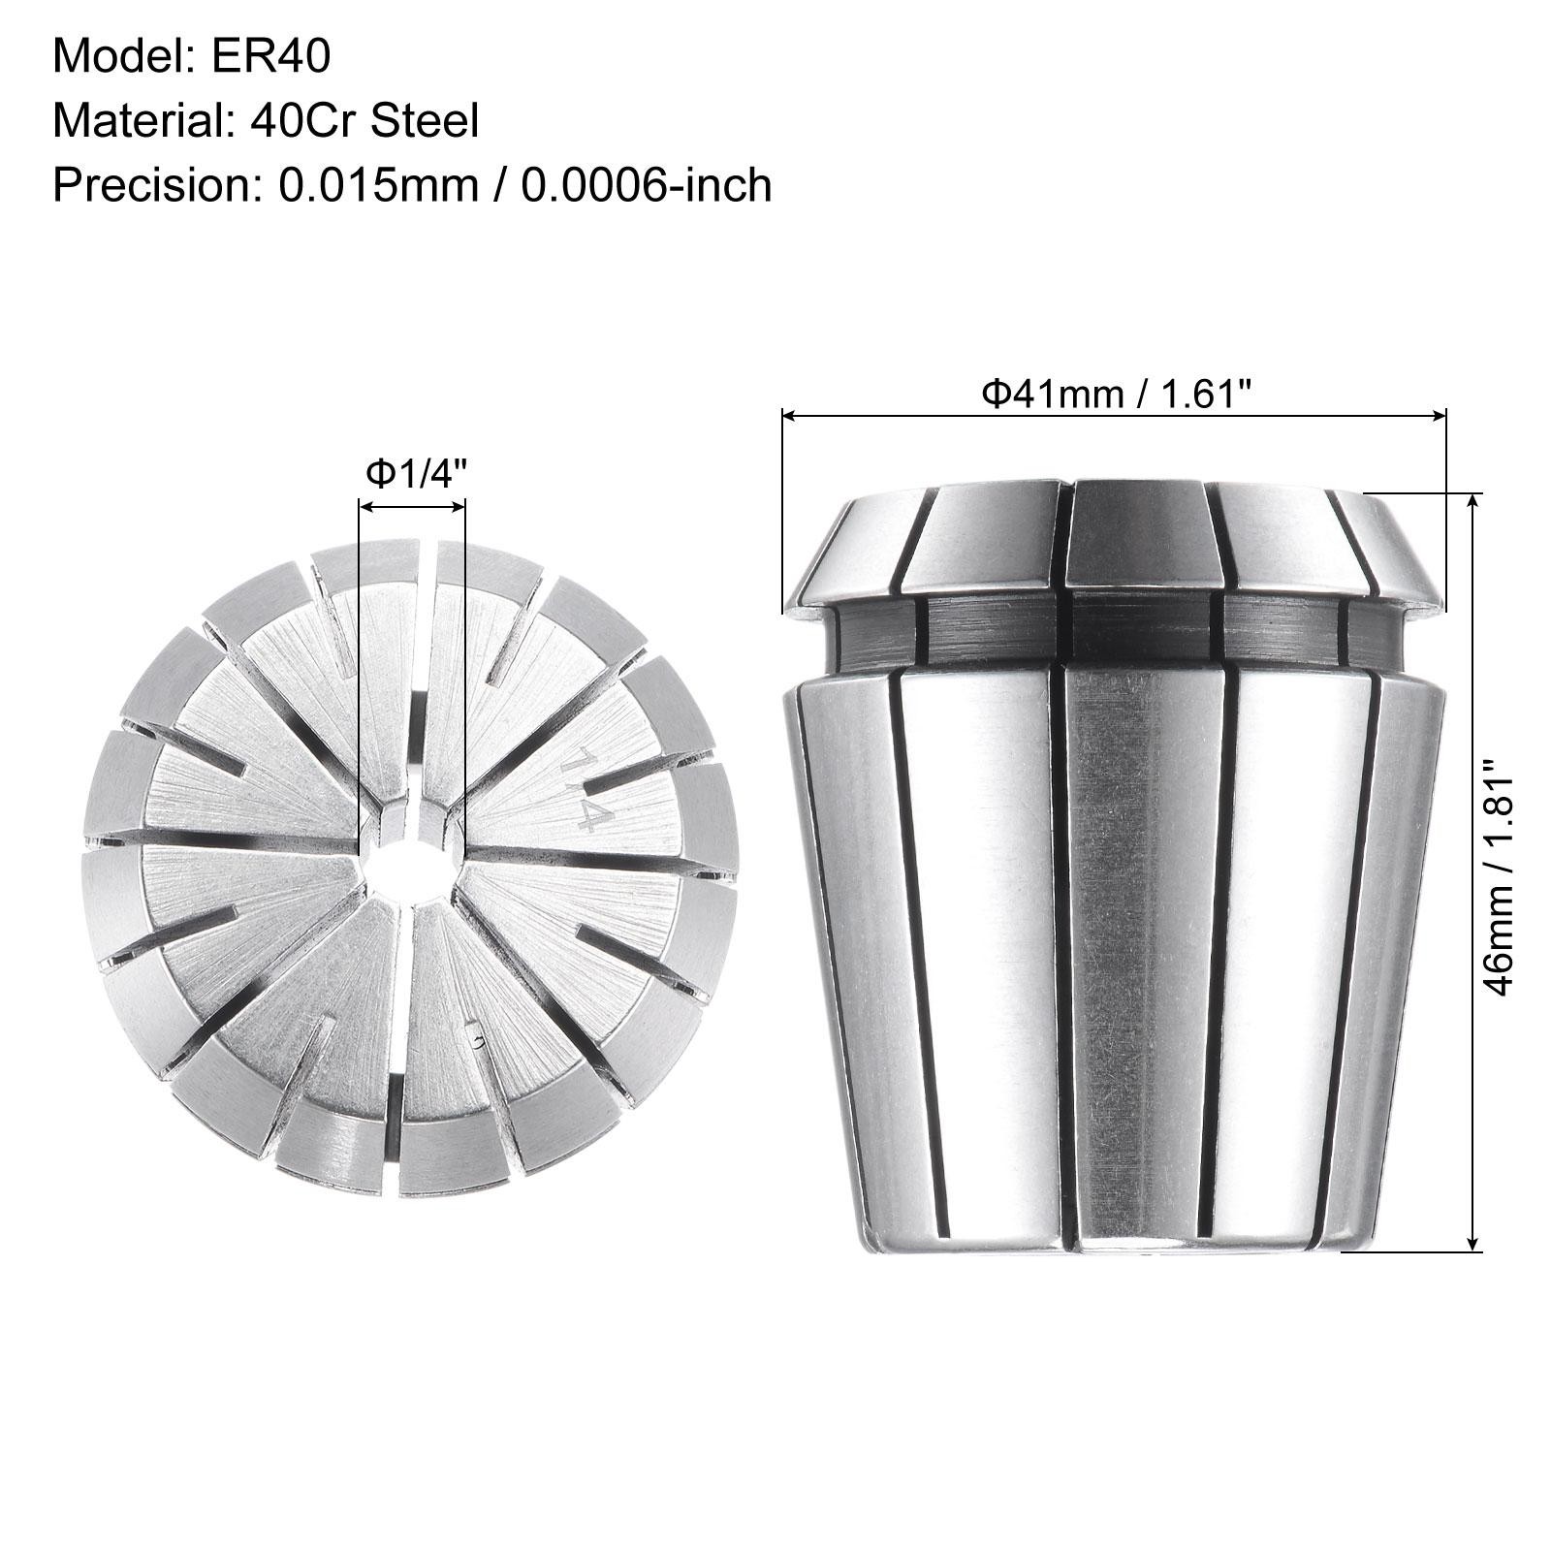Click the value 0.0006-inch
(647, 185)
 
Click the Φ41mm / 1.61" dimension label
(1117, 394)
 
